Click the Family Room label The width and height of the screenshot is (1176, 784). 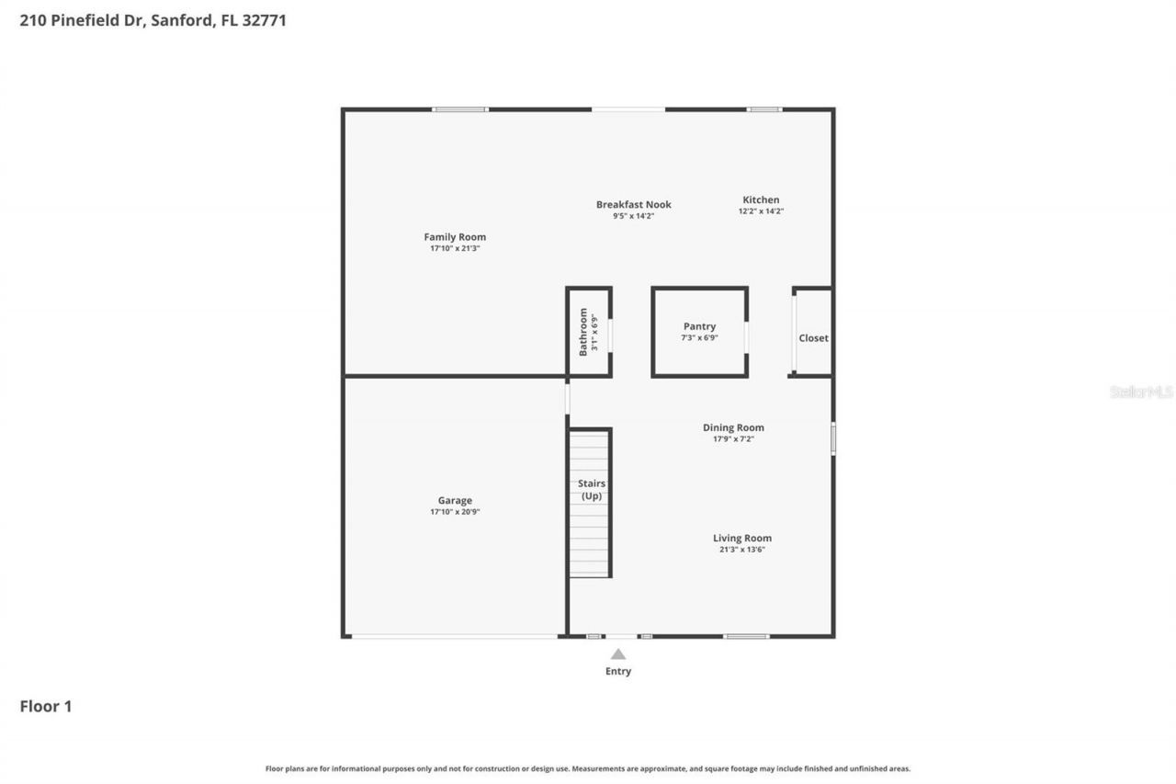click(x=455, y=237)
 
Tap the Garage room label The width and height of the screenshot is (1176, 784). click(x=455, y=501)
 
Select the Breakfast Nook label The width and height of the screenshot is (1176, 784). click(x=633, y=205)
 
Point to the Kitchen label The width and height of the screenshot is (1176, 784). click(x=761, y=199)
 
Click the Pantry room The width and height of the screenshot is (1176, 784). click(x=699, y=332)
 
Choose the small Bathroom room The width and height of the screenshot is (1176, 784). click(x=588, y=332)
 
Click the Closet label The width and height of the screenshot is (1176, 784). click(x=813, y=338)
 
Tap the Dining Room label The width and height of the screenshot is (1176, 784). click(x=733, y=427)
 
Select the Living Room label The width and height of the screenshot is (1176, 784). click(x=742, y=539)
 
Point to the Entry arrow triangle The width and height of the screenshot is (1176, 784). click(x=618, y=654)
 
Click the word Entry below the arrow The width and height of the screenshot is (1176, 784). click(x=618, y=672)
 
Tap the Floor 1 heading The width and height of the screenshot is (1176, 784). click(x=46, y=707)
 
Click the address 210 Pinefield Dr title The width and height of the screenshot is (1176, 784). click(x=153, y=20)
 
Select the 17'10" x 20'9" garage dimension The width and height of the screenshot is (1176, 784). click(x=455, y=512)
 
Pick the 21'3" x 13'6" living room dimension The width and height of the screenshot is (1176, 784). click(x=742, y=550)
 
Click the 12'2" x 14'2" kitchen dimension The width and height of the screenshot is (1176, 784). click(x=761, y=211)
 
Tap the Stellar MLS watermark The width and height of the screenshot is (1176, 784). click(x=1141, y=392)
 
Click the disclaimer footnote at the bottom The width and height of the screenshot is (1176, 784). click(x=588, y=768)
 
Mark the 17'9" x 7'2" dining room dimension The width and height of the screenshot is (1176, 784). click(x=733, y=439)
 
